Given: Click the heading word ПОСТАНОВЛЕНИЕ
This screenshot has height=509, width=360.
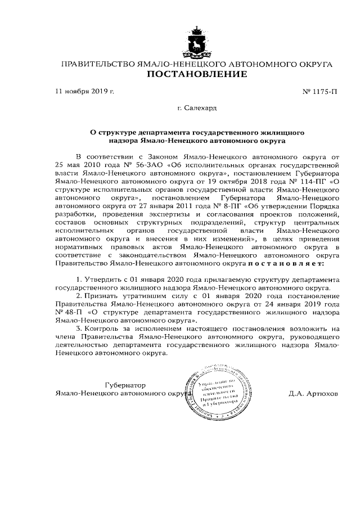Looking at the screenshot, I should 196,75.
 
